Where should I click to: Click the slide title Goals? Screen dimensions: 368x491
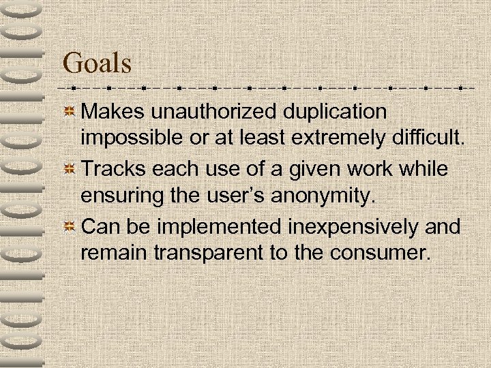tap(96, 63)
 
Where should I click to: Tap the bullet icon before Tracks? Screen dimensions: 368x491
tap(70, 168)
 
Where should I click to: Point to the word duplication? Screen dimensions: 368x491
tap(330, 111)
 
